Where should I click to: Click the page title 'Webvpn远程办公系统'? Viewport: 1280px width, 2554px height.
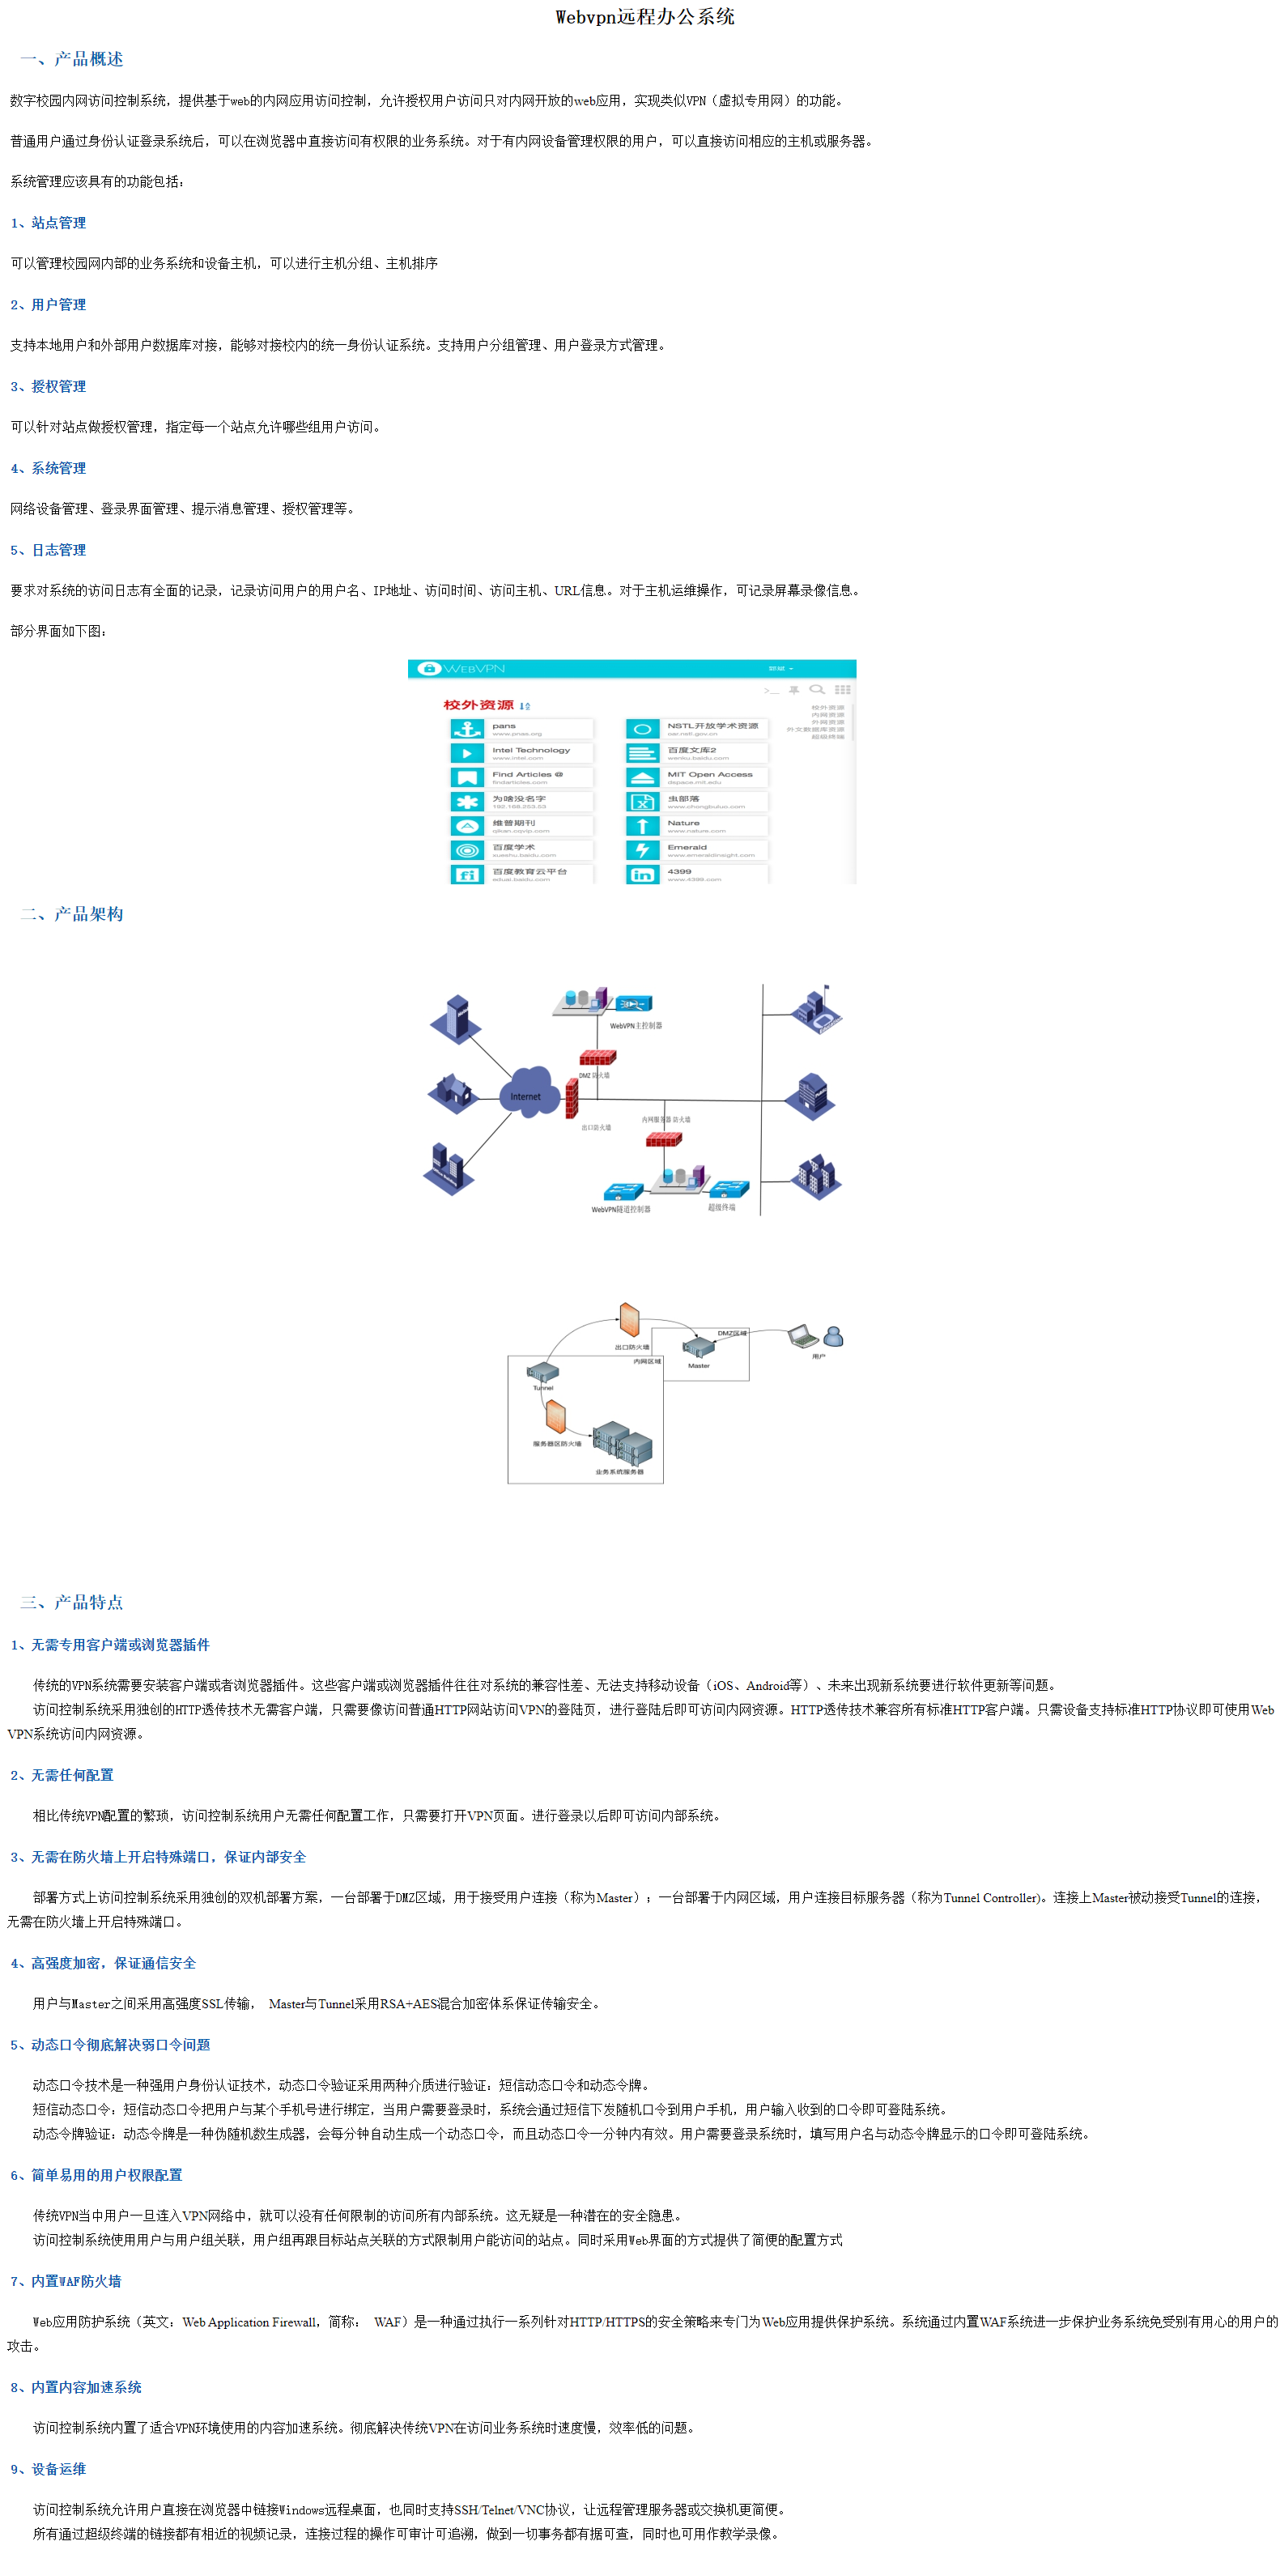pyautogui.click(x=644, y=17)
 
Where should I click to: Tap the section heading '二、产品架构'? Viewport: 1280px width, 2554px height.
pyautogui.click(x=72, y=914)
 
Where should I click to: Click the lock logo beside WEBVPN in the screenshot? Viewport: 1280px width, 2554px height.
pyautogui.click(x=429, y=669)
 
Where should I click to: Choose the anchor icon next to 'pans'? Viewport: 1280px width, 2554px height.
pyautogui.click(x=467, y=730)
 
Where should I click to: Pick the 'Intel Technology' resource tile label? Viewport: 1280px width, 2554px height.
pyautogui.click(x=530, y=751)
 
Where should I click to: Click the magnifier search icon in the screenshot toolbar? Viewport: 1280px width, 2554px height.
pyautogui.click(x=817, y=689)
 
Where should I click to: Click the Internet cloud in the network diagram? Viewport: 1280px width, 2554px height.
pyautogui.click(x=529, y=1092)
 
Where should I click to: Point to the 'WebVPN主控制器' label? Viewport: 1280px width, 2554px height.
pyautogui.click(x=636, y=1026)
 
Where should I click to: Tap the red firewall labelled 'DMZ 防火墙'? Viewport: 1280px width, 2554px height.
pyautogui.click(x=597, y=1057)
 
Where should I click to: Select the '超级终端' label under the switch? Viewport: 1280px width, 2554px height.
pyautogui.click(x=722, y=1207)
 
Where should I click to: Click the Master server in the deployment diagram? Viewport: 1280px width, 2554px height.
pyautogui.click(x=699, y=1347)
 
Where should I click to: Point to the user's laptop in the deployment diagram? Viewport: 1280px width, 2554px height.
pyautogui.click(x=802, y=1336)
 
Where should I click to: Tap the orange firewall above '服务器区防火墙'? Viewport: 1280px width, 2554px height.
pyautogui.click(x=556, y=1417)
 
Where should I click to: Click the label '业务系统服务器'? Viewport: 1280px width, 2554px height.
pyautogui.click(x=619, y=1472)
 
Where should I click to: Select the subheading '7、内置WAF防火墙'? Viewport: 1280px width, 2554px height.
pyautogui.click(x=66, y=2281)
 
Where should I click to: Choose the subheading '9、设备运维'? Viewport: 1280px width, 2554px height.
pyautogui.click(x=49, y=2469)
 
